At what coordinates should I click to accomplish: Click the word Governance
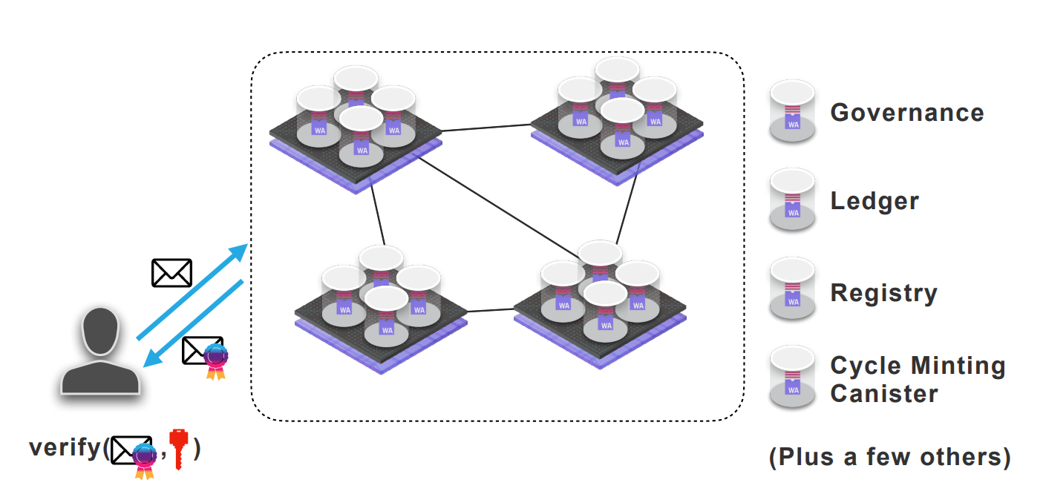click(907, 113)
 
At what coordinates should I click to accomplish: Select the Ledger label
click(875, 201)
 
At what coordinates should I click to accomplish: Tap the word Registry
click(883, 293)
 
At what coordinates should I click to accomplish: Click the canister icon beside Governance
click(793, 112)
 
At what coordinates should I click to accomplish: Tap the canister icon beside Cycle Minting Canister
click(793, 378)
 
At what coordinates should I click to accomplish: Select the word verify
click(64, 448)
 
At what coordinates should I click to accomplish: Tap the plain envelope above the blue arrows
click(171, 273)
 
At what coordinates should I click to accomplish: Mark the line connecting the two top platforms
click(486, 128)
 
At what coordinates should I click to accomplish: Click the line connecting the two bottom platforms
click(491, 309)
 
